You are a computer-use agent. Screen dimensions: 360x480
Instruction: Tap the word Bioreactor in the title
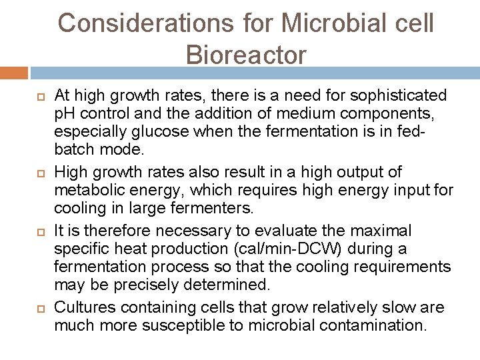pos(247,55)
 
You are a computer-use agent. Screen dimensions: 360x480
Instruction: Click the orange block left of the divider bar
pos(14,72)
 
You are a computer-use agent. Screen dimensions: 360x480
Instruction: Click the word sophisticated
pos(397,96)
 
